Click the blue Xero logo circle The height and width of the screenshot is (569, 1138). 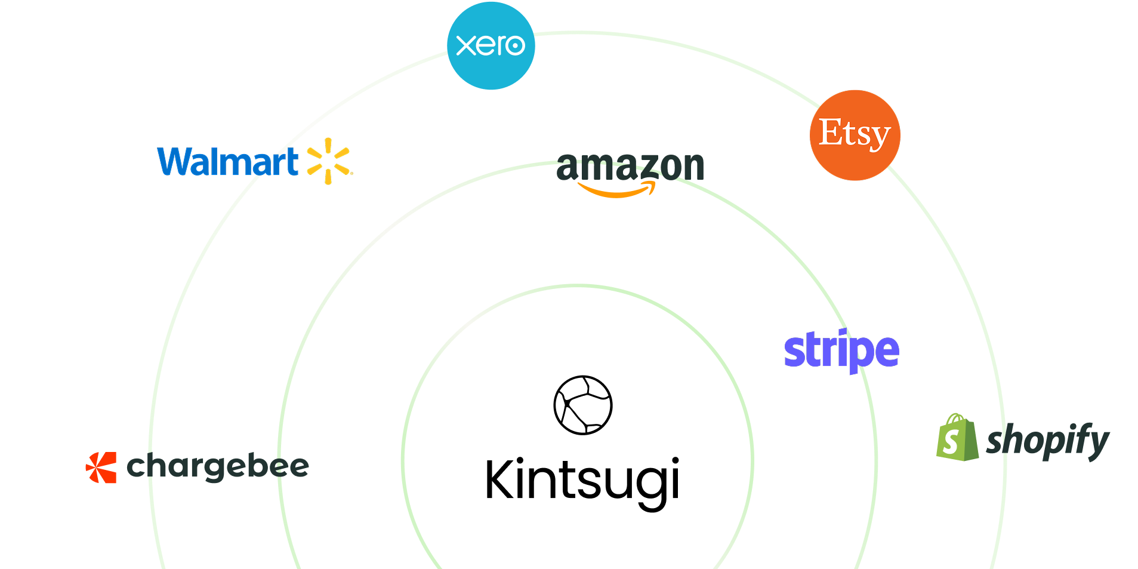pyautogui.click(x=491, y=46)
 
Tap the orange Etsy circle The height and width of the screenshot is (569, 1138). pyautogui.click(x=855, y=135)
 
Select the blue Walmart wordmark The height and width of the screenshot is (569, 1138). pyautogui.click(x=227, y=162)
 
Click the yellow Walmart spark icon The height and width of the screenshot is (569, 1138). pyautogui.click(x=328, y=161)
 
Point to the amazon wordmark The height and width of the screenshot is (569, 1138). pyautogui.click(x=630, y=167)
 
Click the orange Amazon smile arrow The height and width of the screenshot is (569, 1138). pyautogui.click(x=616, y=191)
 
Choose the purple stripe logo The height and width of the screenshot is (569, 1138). pyautogui.click(x=841, y=350)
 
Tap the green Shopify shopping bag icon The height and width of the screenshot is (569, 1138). pyautogui.click(x=957, y=438)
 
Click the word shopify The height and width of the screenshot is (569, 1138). pyautogui.click(x=1047, y=441)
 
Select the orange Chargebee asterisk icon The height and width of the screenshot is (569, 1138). pyautogui.click(x=101, y=467)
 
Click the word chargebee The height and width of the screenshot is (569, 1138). pyautogui.click(x=218, y=467)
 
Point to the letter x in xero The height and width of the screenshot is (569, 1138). pyautogui.click(x=467, y=45)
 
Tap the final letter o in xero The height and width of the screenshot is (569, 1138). pyautogui.click(x=513, y=46)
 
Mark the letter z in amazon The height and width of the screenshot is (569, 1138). pyautogui.click(x=647, y=167)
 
